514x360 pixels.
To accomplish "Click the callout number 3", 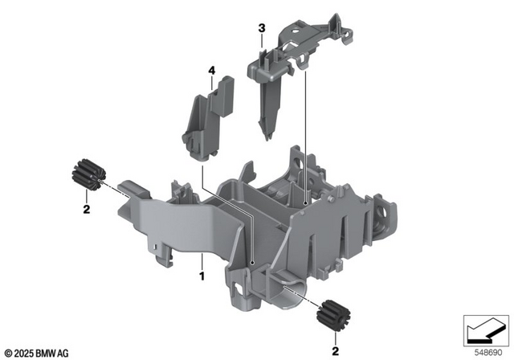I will point(262,29).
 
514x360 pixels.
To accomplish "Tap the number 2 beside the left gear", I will point(86,211).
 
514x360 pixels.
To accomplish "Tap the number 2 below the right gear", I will point(335,350).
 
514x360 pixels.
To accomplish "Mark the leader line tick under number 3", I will point(262,42).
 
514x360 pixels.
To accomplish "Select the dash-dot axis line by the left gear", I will point(111,186).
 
